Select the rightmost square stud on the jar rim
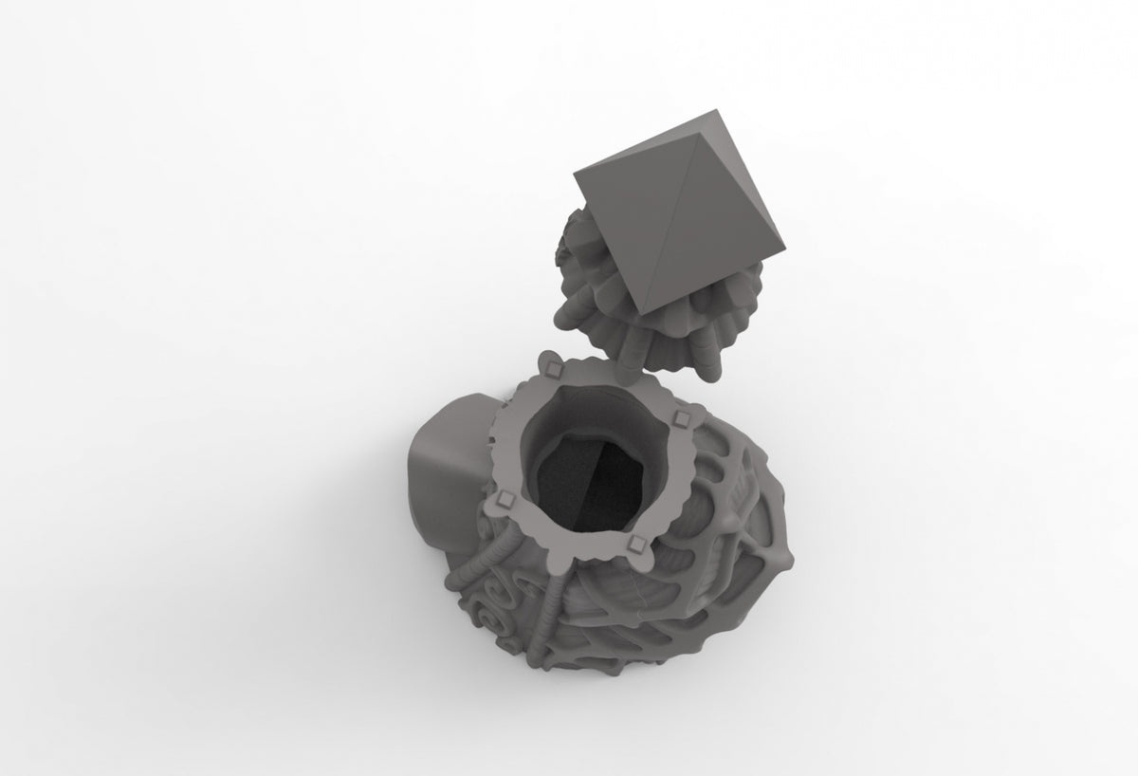pos(678,418)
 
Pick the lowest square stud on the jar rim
pos(636,543)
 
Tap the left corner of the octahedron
pos(575,170)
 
